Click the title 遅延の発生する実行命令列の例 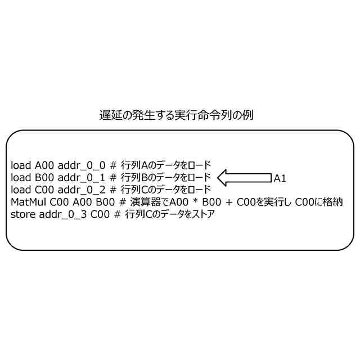[176, 116]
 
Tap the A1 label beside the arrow [280, 178]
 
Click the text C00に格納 [319, 202]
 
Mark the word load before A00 [21, 165]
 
